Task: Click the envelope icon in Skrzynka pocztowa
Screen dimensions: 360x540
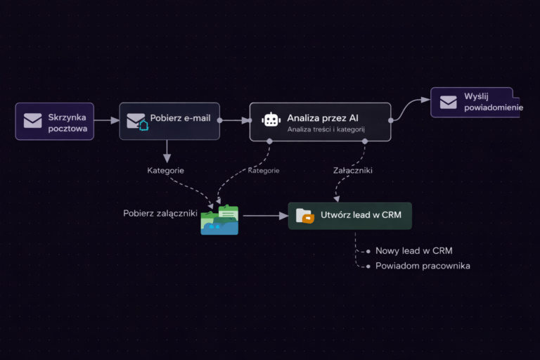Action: pyautogui.click(x=32, y=121)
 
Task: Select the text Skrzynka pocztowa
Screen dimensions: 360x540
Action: pyautogui.click(x=67, y=122)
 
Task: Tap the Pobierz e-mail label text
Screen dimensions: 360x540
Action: pyautogui.click(x=180, y=118)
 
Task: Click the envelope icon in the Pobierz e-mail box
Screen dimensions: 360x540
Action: pyautogui.click(x=136, y=122)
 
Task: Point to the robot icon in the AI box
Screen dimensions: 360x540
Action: pyautogui.click(x=271, y=120)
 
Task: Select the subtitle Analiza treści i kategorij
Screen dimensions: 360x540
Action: pyautogui.click(x=326, y=129)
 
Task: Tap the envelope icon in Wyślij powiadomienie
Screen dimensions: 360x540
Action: pyautogui.click(x=449, y=102)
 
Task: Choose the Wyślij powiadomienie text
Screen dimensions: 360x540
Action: pyautogui.click(x=493, y=101)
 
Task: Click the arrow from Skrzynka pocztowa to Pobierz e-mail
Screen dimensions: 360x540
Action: pyautogui.click(x=106, y=121)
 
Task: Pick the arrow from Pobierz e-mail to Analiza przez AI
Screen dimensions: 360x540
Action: pyautogui.click(x=235, y=120)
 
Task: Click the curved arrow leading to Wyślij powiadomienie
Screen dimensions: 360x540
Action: pyautogui.click(x=410, y=109)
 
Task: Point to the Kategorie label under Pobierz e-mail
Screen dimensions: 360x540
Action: pyautogui.click(x=166, y=170)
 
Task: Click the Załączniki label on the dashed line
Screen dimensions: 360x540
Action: pyautogui.click(x=353, y=170)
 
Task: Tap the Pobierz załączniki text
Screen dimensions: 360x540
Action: pyautogui.click(x=160, y=213)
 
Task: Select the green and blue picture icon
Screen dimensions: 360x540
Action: pyautogui.click(x=219, y=220)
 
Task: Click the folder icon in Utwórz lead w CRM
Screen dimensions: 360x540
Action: pyautogui.click(x=305, y=215)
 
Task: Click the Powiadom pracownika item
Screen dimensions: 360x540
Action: pyautogui.click(x=423, y=266)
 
